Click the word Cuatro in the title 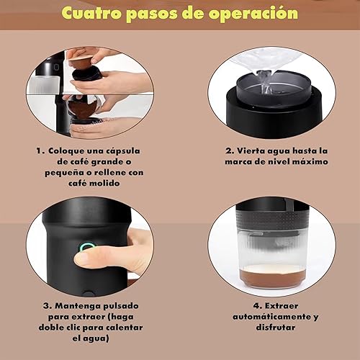click(91, 13)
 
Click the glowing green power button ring click(86, 247)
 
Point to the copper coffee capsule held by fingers click(81, 62)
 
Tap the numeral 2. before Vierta click(230, 150)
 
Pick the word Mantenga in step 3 click(77, 307)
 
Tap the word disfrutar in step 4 click(276, 328)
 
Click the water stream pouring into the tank click(266, 81)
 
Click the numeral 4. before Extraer click(258, 306)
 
